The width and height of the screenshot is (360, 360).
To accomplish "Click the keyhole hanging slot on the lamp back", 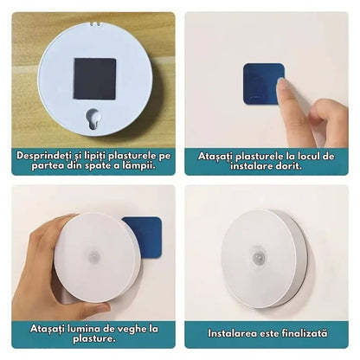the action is [93, 119].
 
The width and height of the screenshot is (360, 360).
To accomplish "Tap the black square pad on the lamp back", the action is [94, 79].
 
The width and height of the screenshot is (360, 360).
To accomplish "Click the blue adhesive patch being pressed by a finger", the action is [263, 84].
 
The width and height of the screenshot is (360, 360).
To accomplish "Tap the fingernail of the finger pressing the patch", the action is [281, 86].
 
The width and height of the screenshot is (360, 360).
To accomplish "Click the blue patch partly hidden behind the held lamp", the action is [145, 236].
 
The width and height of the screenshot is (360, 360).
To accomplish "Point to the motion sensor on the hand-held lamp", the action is [93, 256].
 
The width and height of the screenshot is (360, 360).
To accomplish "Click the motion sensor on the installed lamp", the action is [259, 258].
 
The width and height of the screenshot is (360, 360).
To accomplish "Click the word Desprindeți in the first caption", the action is [44, 156].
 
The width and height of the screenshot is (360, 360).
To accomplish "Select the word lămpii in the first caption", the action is [140, 166].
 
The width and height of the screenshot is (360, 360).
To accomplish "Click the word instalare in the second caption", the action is [251, 166].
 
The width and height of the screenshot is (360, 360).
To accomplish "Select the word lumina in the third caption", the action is [84, 329].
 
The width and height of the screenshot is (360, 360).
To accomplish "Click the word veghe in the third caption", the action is [132, 329].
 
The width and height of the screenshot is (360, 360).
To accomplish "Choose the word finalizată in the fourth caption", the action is [305, 333].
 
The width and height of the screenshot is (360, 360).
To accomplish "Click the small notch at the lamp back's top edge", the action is [95, 23].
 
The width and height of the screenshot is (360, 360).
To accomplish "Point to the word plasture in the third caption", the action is [94, 338].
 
